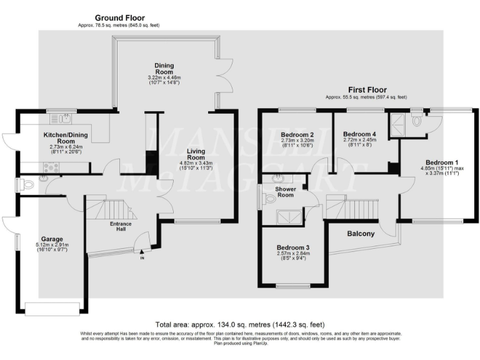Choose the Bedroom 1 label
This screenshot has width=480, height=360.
pyautogui.click(x=436, y=159)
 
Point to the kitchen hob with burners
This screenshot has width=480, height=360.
pyautogui.click(x=50, y=167)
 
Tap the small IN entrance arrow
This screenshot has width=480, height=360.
pyautogui.click(x=142, y=257)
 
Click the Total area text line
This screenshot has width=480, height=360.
pyautogui.click(x=240, y=325)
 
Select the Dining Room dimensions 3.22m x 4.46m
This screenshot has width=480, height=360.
pyautogui.click(x=164, y=77)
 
